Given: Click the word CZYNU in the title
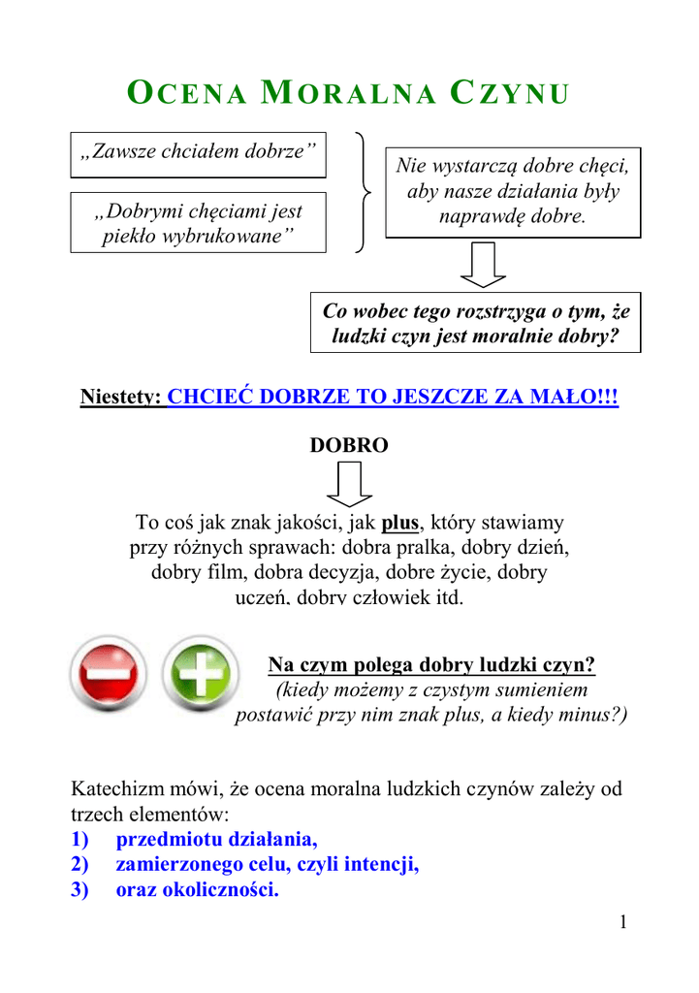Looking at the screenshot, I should click(509, 94).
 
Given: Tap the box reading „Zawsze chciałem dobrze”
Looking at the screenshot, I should click(198, 154).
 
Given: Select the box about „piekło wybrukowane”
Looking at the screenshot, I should click(198, 223).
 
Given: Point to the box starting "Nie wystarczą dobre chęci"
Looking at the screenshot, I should click(513, 191).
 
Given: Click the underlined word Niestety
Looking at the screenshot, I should click(120, 398).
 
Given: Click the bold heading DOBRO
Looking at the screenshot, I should click(348, 445).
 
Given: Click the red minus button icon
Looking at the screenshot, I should click(109, 674).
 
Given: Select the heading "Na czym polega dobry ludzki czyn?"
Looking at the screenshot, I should click(431, 665).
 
